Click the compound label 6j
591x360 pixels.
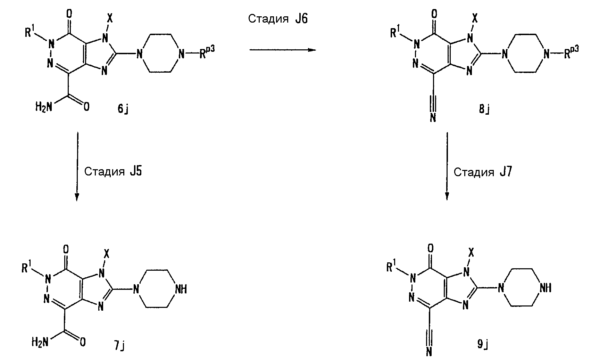point(123,108)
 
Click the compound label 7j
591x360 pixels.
point(119,345)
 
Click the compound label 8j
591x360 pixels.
point(484,109)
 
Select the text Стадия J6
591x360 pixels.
point(278,19)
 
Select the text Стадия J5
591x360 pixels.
point(113,171)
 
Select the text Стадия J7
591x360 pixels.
point(483,172)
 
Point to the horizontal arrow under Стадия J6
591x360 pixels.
point(283,50)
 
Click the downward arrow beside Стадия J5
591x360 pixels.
point(77,166)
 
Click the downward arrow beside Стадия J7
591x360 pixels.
point(447,166)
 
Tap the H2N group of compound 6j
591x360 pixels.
point(44,107)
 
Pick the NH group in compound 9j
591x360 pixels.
point(546,288)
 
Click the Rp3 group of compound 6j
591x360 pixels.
point(207,52)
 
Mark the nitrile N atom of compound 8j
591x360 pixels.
point(433,117)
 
